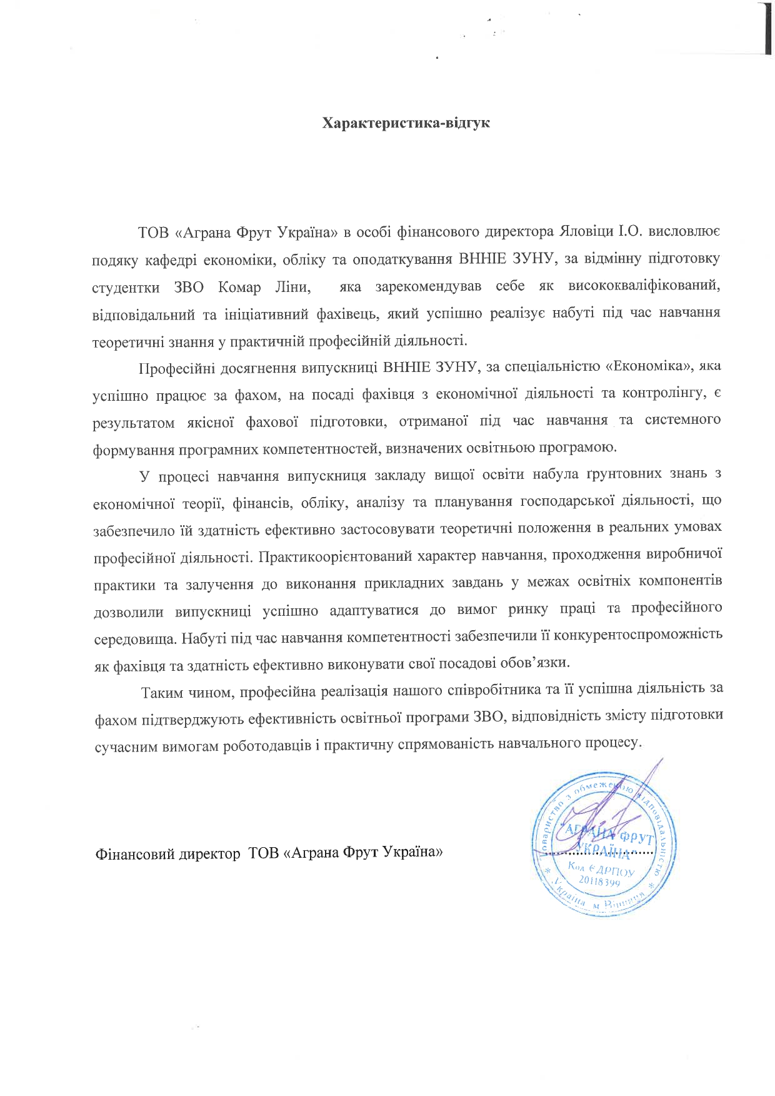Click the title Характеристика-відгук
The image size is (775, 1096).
[406, 123]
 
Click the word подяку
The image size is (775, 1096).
[112, 259]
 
